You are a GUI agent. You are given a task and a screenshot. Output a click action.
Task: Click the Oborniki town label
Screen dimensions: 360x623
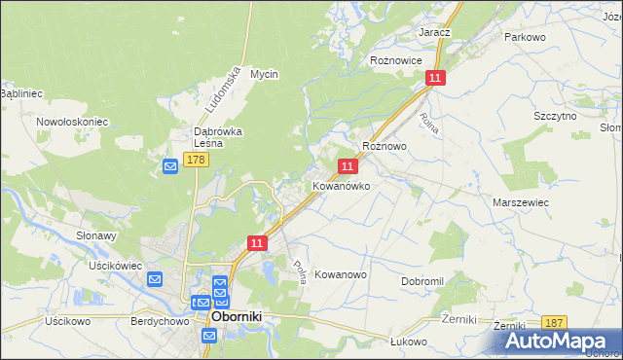tap(241, 317)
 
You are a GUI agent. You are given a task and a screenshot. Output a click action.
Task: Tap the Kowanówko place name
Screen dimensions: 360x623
tap(341, 185)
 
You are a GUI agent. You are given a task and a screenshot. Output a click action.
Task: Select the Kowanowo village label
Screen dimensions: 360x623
tap(341, 275)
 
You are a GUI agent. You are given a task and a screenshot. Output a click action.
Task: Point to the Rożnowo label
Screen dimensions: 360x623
tap(384, 145)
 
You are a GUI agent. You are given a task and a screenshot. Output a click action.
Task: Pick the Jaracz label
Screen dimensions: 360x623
tap(434, 32)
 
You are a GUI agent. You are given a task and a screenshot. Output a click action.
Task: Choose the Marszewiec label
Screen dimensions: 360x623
tap(521, 201)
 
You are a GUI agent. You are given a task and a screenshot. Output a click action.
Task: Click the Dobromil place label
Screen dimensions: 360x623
tap(422, 281)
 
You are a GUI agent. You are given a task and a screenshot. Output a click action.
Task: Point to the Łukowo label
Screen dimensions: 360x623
tap(410, 342)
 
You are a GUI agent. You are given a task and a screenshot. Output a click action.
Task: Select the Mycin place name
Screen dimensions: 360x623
tap(264, 74)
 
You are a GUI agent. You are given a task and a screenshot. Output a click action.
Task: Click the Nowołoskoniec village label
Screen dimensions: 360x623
tap(72, 122)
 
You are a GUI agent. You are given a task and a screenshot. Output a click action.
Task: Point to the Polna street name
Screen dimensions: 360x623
tap(302, 271)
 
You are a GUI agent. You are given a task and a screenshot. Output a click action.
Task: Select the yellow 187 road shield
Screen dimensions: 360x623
tap(554, 323)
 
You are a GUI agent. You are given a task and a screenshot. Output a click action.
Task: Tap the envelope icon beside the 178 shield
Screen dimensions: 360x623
tap(170, 167)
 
